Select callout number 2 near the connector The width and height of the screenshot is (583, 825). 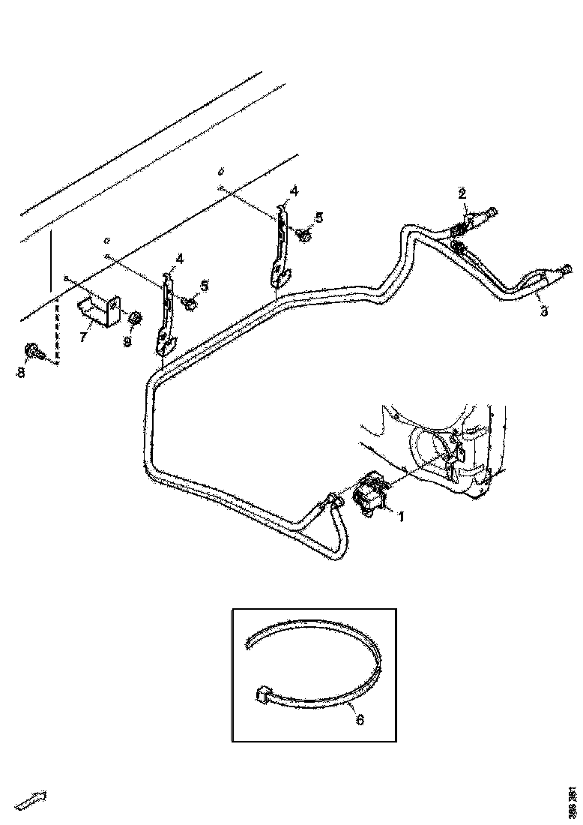coord(462,194)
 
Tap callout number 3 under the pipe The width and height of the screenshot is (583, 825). coord(544,310)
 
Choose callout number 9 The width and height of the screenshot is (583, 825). coord(127,341)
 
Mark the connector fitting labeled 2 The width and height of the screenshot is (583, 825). coord(472,220)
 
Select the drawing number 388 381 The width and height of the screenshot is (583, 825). coord(573,801)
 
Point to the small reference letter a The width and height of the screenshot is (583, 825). coord(106,241)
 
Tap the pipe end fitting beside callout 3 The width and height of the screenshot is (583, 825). coord(566,271)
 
